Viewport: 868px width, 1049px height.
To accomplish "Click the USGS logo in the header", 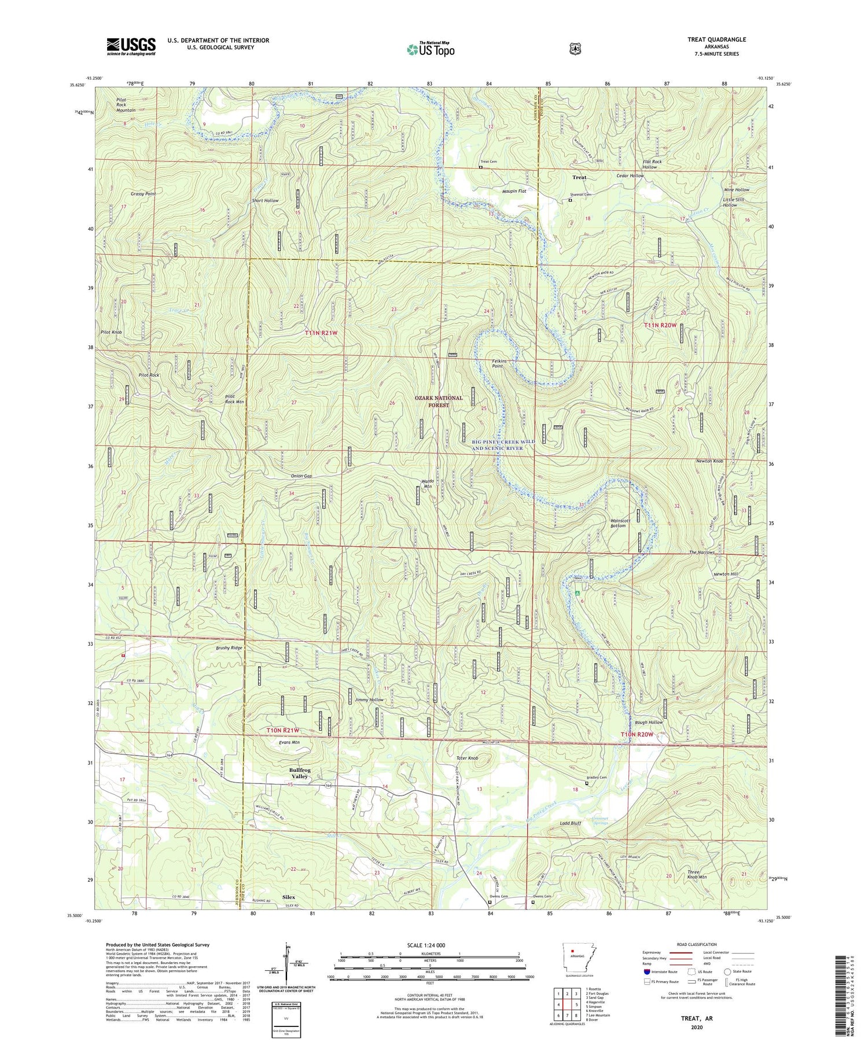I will coord(131,46).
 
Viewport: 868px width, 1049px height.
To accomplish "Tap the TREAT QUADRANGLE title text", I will coord(715,39).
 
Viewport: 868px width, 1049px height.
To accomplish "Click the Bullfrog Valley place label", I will coord(300,773).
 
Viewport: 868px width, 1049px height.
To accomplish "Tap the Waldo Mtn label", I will coord(428,484).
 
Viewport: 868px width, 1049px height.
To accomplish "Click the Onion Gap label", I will coord(301,476).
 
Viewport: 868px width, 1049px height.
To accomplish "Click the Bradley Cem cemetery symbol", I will coord(587,784).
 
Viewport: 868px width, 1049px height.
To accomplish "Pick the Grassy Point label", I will coord(143,194).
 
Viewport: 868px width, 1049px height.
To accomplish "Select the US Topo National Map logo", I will coord(431,49).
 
